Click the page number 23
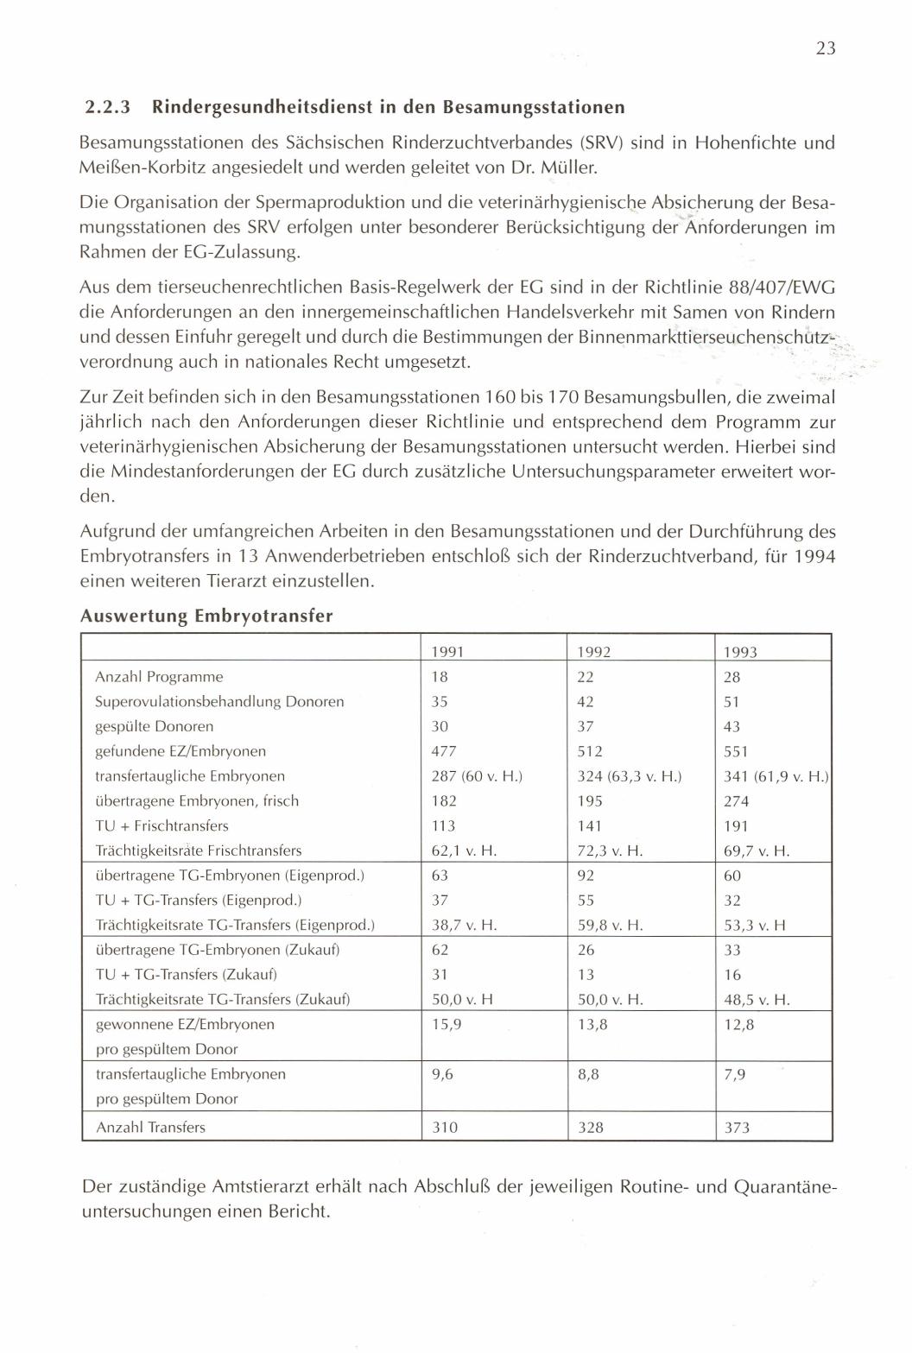(x=825, y=48)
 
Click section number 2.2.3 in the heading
(x=108, y=108)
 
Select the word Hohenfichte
(x=737, y=142)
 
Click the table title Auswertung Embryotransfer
(x=206, y=616)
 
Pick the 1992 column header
(x=594, y=652)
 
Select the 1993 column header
(x=740, y=652)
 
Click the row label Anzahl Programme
(x=159, y=677)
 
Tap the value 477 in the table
(x=444, y=751)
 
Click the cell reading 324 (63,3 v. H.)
(x=629, y=776)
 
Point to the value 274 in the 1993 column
(x=736, y=801)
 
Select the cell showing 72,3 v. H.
(x=610, y=851)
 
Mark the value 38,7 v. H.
(x=463, y=926)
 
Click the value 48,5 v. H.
(x=757, y=1001)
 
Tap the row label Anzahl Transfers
(x=150, y=1127)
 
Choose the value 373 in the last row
(x=737, y=1127)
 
